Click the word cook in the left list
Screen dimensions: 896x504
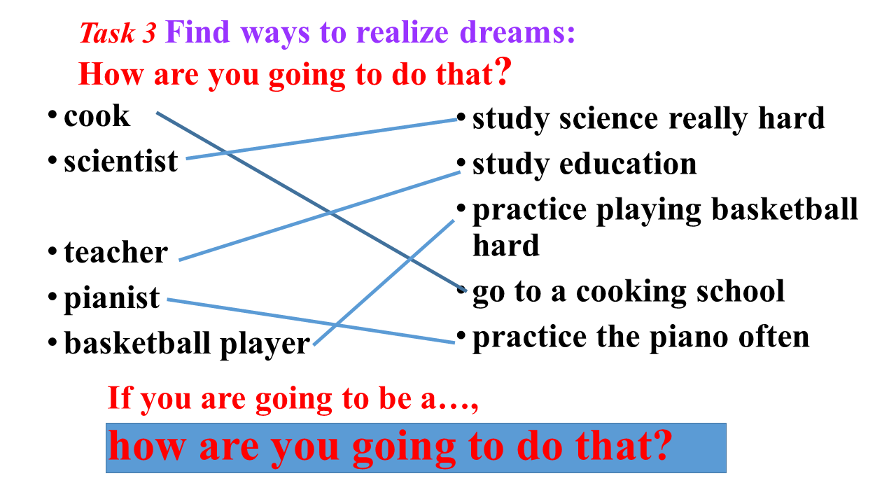97,116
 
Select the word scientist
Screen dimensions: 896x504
121,161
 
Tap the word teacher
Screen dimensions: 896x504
116,253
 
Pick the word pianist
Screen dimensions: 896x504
111,298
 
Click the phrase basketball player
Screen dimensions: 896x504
187,344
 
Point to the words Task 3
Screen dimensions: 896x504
118,33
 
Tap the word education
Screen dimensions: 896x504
628,164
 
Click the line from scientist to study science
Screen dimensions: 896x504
322,139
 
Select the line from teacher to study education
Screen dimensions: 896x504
320,216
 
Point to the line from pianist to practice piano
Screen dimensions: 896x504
311,321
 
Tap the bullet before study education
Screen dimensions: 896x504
461,163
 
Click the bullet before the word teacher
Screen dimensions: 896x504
52,251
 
